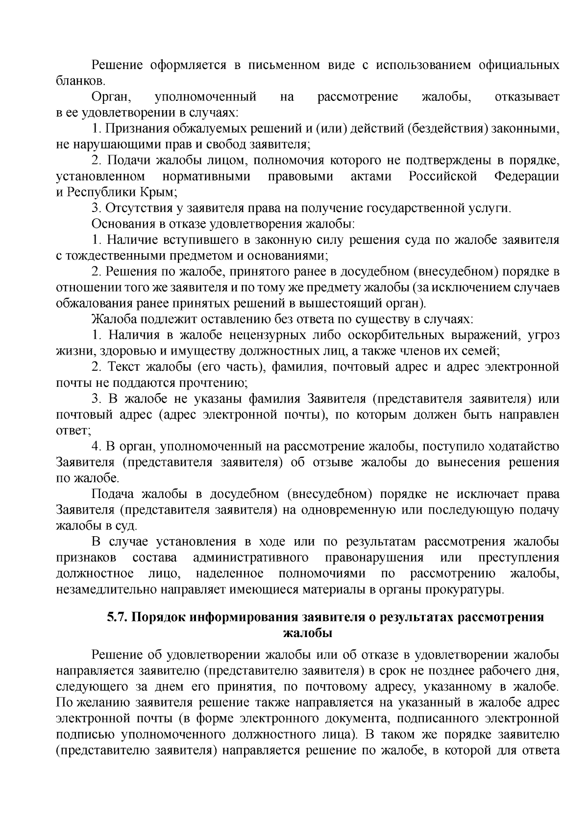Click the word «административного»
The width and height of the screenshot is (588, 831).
[250, 558]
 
